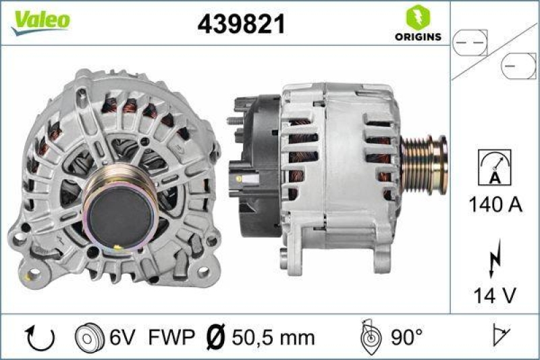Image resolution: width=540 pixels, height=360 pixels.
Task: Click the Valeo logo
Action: point(39,20)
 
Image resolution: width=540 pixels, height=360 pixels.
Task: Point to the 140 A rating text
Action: point(494,205)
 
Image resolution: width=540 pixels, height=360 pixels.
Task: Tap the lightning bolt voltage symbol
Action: point(495,259)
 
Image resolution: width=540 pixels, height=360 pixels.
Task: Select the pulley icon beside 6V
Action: point(88,336)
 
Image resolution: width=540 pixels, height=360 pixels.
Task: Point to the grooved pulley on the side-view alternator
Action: point(424,165)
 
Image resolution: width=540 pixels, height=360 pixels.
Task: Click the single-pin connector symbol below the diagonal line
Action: point(517,66)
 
